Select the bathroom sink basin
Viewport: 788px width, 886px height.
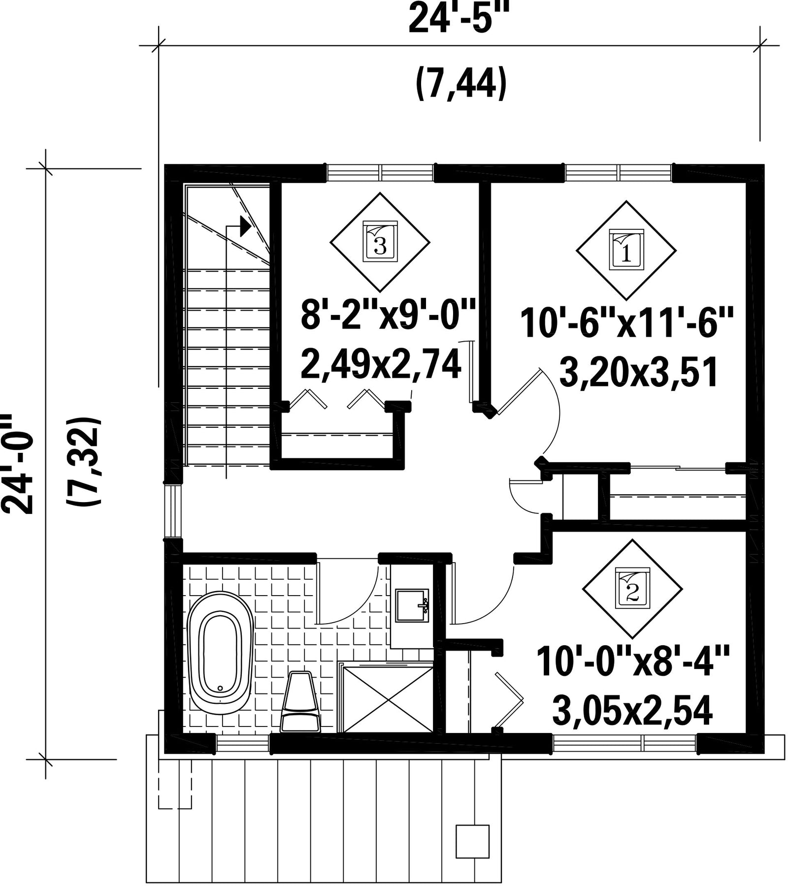pyautogui.click(x=413, y=605)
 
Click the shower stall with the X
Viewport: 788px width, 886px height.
pyautogui.click(x=388, y=699)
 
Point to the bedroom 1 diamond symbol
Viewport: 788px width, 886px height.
pyautogui.click(x=626, y=250)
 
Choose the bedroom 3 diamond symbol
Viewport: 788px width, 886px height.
pyautogui.click(x=380, y=242)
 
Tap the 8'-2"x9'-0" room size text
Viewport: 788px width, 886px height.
pyautogui.click(x=388, y=315)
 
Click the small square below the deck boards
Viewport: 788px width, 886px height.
pyautogui.click(x=472, y=841)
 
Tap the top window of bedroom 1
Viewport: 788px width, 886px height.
pyautogui.click(x=619, y=173)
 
